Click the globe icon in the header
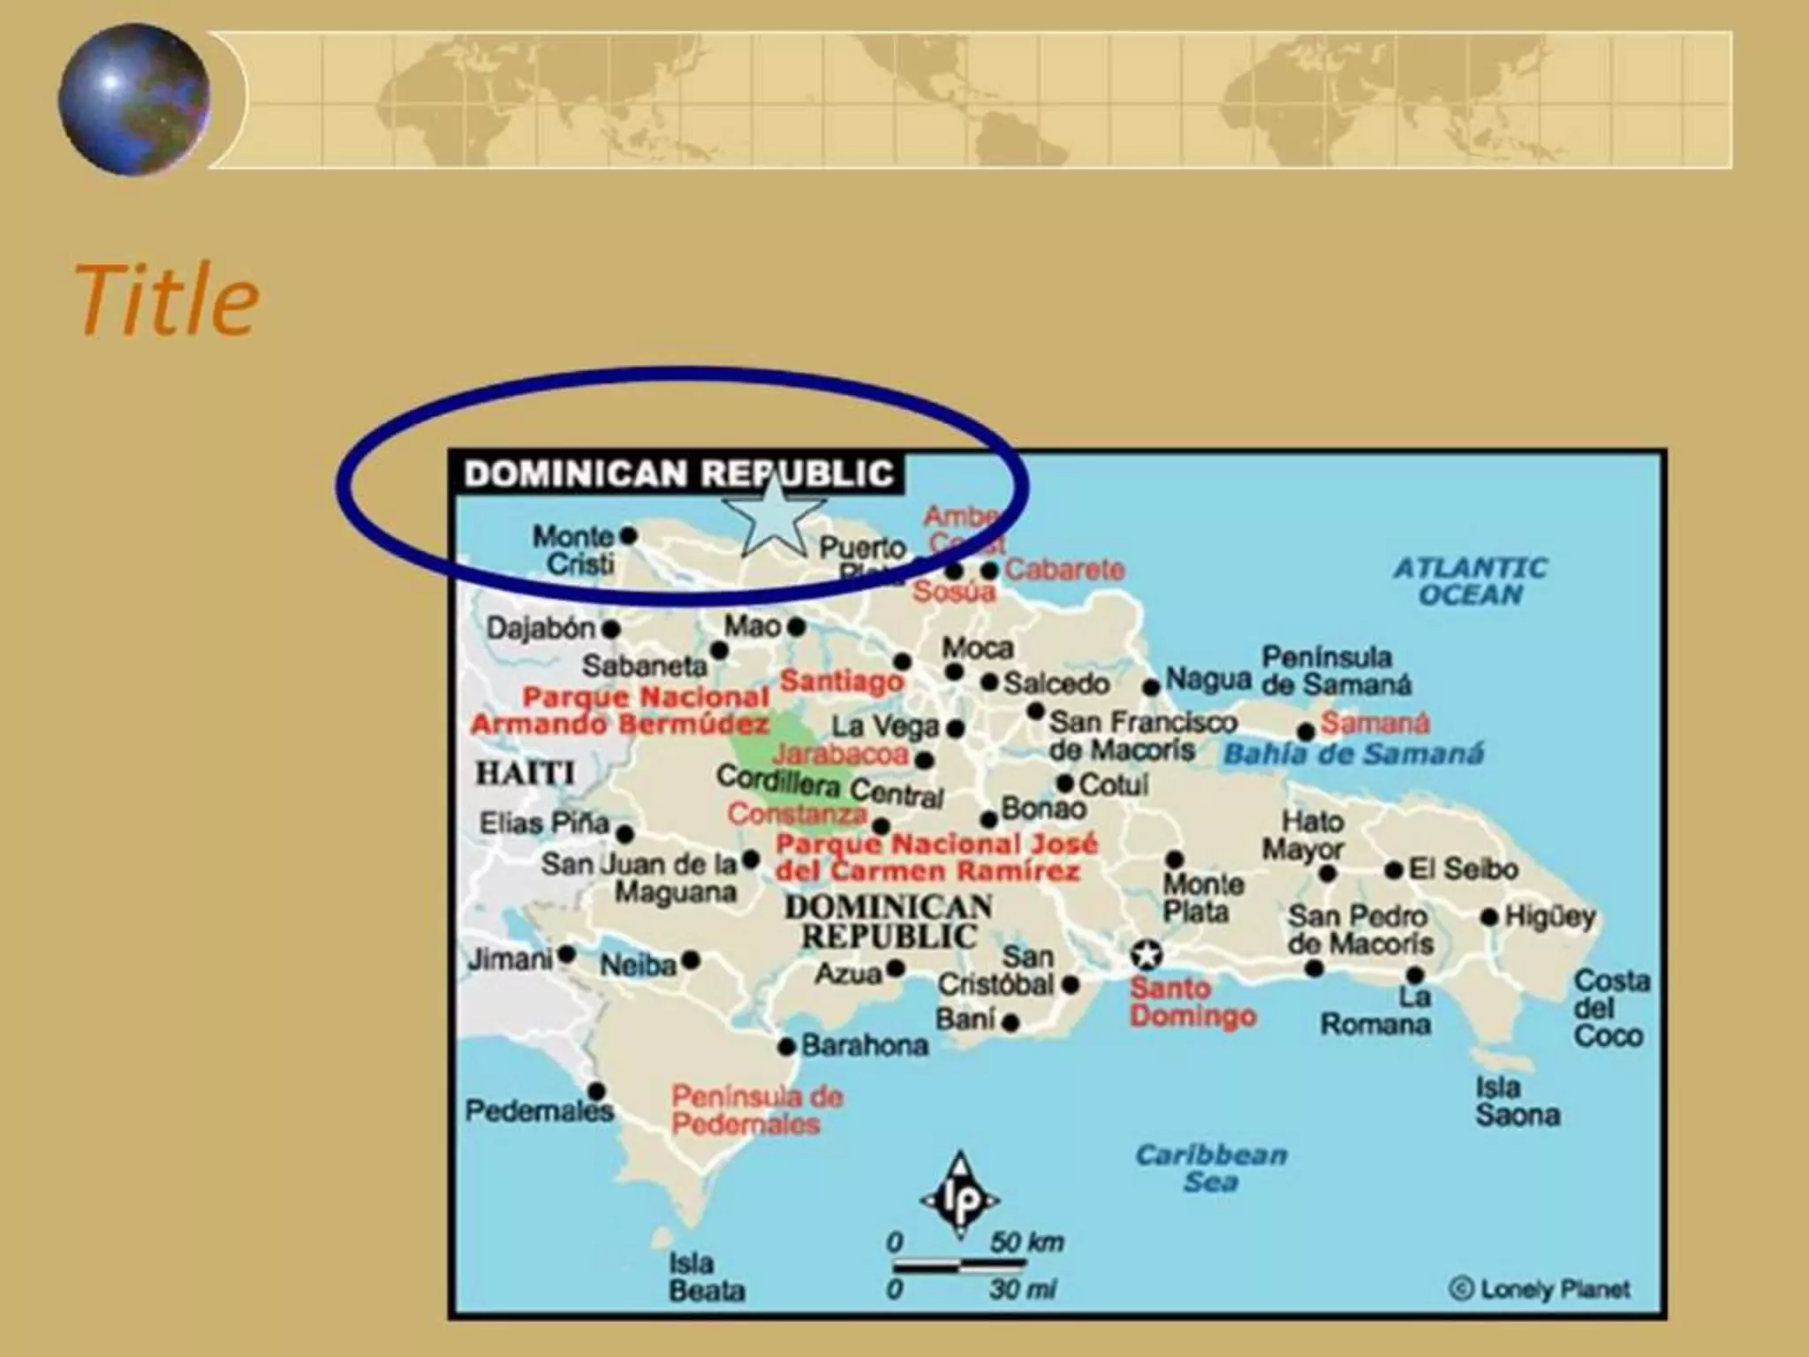134,99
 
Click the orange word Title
167,299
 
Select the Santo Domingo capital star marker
1146,954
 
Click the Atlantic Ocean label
1471,580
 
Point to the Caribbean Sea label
1211,1168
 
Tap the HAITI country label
526,773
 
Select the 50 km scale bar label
1026,1241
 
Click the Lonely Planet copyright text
1541,1289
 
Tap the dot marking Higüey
1489,917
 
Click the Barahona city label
864,1046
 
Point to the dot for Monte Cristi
629,534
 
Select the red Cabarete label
1064,570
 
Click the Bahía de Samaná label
1353,754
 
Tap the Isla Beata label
706,1277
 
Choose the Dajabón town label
541,628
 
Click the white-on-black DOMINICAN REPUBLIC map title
678,474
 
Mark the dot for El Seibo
1394,870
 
